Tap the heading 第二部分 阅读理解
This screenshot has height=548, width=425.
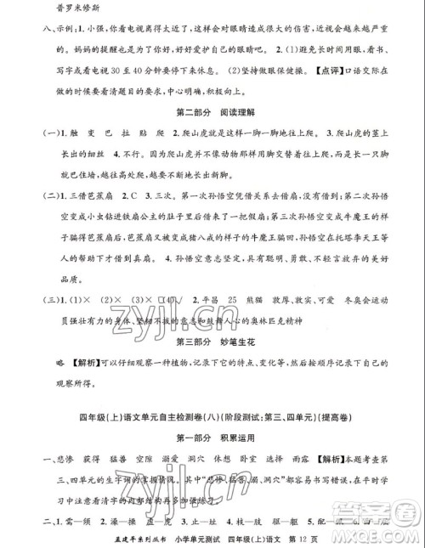[212, 113]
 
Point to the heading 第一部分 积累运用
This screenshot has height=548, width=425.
[212, 440]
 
